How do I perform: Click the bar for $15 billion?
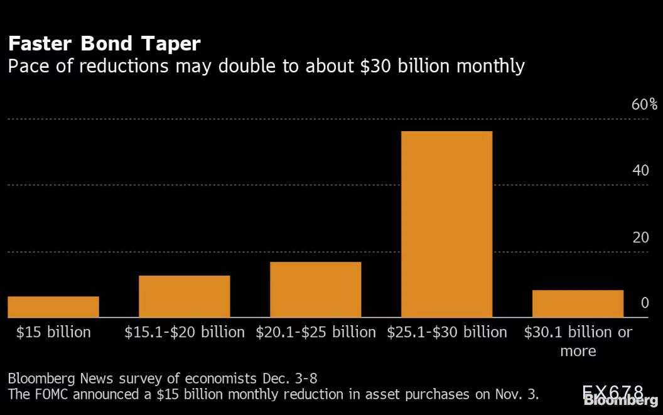coord(53,306)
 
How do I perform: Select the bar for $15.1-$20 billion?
coord(184,296)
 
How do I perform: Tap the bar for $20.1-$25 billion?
coord(315,289)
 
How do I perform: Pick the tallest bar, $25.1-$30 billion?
coord(446,224)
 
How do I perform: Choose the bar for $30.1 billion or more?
coord(578,303)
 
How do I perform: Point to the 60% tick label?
coord(644,104)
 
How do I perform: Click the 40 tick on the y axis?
coord(640,171)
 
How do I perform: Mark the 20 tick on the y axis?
coord(640,237)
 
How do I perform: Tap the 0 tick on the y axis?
coord(644,303)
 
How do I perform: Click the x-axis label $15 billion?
coord(53,331)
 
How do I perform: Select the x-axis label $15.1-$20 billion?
coord(184,331)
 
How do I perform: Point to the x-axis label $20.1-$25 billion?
coord(315,331)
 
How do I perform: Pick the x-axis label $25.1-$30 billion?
coord(446,331)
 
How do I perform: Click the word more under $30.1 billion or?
coord(578,350)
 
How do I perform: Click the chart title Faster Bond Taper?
coord(104,43)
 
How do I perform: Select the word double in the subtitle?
coord(247,65)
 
